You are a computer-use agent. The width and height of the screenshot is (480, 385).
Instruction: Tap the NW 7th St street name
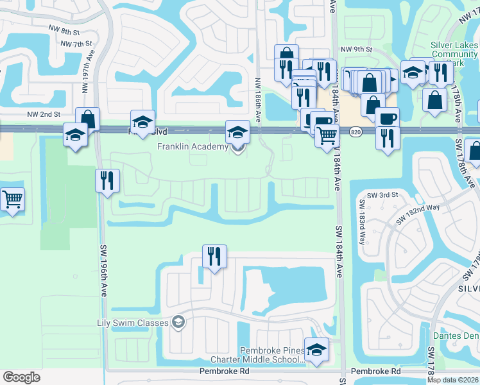(x=75, y=44)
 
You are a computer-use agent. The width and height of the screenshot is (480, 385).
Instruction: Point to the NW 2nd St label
(x=45, y=114)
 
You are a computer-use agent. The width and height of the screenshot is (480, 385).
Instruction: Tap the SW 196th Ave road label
(x=103, y=270)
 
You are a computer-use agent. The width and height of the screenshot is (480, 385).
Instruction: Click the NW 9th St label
(x=356, y=49)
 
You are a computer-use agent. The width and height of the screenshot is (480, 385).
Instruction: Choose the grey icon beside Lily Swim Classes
(x=179, y=322)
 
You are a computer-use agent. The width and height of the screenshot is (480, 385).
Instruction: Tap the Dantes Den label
(x=456, y=336)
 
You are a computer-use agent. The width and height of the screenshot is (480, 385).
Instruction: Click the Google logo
(x=22, y=377)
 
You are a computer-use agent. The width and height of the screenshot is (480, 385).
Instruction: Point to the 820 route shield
(x=356, y=132)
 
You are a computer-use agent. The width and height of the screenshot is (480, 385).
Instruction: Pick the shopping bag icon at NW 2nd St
(x=87, y=119)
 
